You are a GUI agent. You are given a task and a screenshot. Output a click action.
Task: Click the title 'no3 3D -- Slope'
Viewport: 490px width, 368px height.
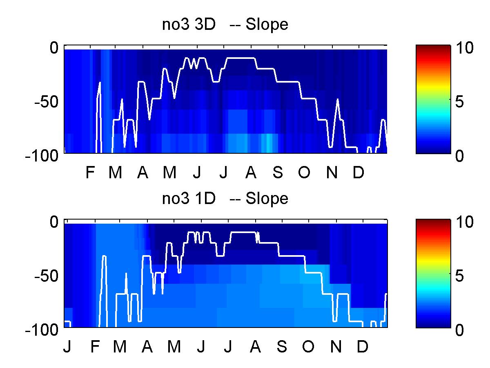(225, 25)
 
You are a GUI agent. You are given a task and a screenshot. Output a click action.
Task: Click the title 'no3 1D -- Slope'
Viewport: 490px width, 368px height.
(225, 199)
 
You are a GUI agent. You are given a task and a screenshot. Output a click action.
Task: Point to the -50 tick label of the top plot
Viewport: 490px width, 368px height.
(47, 102)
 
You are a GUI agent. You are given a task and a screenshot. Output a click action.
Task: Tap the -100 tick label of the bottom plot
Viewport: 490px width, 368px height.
(42, 330)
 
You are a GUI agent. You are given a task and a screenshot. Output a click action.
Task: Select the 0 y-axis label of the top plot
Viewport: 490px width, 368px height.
(54, 47)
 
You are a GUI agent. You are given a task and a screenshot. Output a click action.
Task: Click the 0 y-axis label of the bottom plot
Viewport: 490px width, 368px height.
(54, 222)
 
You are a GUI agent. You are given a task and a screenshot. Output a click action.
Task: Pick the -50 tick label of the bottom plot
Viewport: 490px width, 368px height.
(47, 276)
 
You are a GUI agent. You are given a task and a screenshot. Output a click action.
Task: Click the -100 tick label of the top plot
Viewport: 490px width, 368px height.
(42, 155)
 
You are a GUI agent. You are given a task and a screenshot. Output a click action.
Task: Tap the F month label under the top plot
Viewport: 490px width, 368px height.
(90, 172)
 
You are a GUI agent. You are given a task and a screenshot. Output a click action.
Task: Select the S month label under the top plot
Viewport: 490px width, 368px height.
(278, 172)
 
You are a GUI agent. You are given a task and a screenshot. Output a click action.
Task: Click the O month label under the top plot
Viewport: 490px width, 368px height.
(304, 172)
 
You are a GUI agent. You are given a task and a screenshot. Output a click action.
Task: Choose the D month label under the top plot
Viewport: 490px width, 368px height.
(359, 172)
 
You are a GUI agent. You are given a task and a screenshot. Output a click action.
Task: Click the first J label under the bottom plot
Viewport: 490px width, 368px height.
(67, 347)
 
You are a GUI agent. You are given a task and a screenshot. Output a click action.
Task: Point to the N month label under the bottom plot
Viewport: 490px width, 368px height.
(336, 347)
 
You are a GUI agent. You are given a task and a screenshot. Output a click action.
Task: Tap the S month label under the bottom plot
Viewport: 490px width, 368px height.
(282, 347)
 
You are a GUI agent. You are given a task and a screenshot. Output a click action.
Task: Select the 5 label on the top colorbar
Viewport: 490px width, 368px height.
(460, 102)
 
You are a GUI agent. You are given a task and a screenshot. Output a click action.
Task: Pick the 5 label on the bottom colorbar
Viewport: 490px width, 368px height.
(460, 276)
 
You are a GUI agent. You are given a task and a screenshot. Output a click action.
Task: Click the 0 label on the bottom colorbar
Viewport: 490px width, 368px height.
(460, 330)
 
